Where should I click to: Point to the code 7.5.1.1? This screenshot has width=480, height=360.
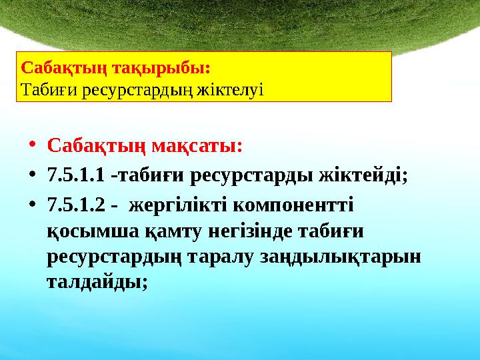click(76, 175)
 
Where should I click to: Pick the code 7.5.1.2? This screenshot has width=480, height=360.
click(76, 205)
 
